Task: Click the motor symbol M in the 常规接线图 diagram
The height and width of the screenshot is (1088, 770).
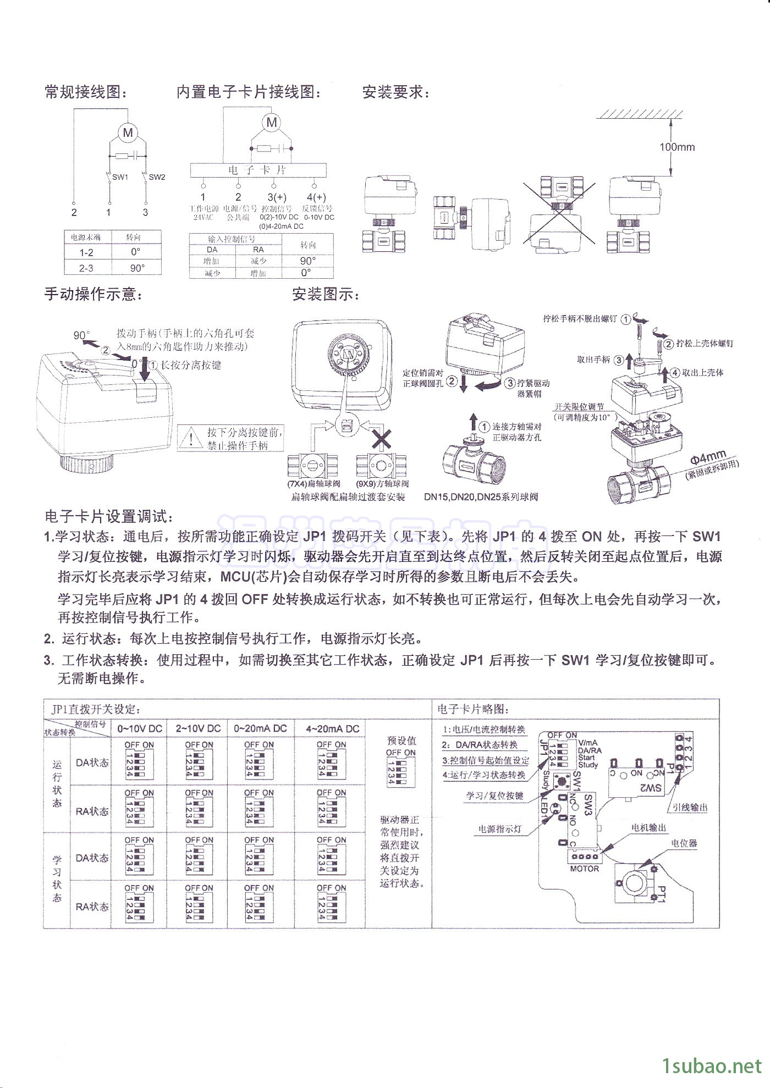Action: pos(128,132)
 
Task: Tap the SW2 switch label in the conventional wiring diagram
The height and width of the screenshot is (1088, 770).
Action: pos(157,177)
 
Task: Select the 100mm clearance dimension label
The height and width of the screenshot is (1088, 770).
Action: pos(677,147)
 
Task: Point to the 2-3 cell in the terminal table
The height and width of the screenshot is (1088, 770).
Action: pos(86,268)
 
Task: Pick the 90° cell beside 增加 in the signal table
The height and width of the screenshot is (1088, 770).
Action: pos(308,261)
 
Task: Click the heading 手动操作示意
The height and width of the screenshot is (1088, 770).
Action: pos(94,295)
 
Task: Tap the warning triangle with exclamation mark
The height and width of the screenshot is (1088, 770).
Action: pos(191,439)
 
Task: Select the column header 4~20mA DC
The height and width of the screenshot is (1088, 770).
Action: pos(332,728)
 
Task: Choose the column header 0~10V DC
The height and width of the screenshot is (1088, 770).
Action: pos(140,728)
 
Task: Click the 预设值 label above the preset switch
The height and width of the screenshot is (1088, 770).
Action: pos(402,741)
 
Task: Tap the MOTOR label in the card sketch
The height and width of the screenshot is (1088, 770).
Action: pos(584,869)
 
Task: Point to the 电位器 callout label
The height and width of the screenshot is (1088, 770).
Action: pos(684,843)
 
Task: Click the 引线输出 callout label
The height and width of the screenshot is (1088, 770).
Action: pos(690,808)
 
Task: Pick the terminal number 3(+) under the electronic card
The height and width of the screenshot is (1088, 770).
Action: pos(277,197)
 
